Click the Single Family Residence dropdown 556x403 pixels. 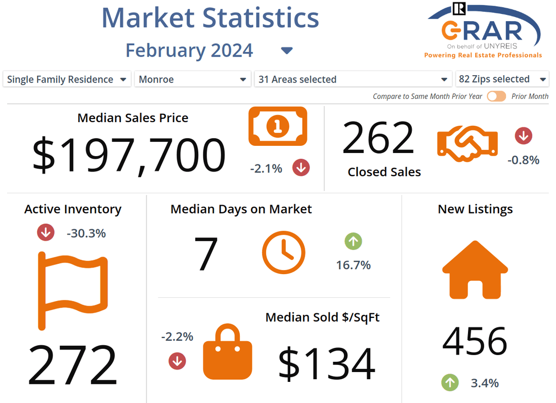pos(67,79)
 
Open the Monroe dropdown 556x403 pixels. pos(193,79)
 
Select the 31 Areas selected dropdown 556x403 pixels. pos(353,79)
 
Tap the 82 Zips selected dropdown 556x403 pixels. pos(502,79)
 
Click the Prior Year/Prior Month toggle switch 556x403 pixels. pos(497,96)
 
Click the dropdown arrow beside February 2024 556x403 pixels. pos(287,51)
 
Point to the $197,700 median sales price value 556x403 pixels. pos(129,155)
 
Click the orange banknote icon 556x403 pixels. pos(277,126)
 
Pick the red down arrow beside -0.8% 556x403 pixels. pos(524,136)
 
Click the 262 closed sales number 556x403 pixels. pos(378,138)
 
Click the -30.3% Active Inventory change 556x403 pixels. pos(86,233)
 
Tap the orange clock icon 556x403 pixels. pos(283,253)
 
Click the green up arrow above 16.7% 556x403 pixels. pos(353,241)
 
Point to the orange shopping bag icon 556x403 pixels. pos(228,352)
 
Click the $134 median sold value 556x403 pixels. pos(326,363)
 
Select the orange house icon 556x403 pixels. pos(475,270)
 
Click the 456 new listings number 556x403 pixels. pos(475,341)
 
